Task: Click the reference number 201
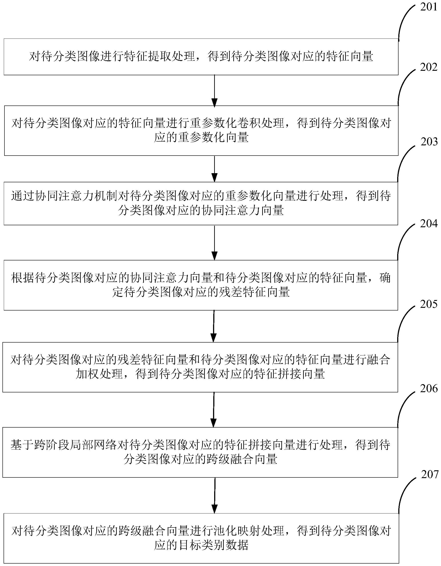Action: point(429,7)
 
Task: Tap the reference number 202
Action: point(429,67)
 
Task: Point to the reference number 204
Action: point(429,223)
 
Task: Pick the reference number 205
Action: point(429,304)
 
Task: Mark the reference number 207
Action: point(430,474)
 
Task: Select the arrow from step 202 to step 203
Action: point(214,169)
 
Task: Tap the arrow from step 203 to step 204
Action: point(214,243)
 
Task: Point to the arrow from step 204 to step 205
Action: point(214,326)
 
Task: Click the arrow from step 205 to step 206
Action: point(214,410)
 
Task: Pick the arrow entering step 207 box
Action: point(214,495)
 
